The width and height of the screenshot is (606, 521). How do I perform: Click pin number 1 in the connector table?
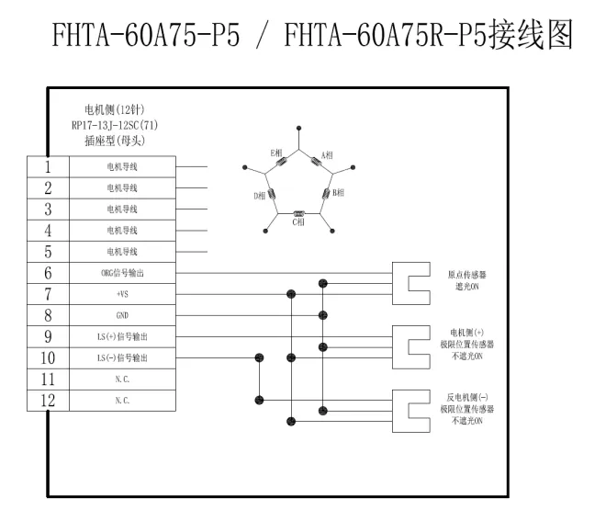(48, 167)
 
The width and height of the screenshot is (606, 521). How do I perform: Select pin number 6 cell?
(48, 273)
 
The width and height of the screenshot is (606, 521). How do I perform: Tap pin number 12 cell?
(48, 400)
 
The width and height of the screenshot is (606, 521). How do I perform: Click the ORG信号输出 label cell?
(122, 273)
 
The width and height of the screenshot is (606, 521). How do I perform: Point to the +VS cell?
(122, 294)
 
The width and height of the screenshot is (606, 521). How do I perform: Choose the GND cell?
(122, 315)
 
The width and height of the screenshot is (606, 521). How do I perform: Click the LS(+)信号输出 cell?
(122, 336)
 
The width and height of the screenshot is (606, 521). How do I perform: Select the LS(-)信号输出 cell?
(122, 357)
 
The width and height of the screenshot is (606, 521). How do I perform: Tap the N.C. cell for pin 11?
(122, 379)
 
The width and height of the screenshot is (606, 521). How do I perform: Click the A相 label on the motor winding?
(329, 153)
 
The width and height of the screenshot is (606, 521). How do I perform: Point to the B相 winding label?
(338, 193)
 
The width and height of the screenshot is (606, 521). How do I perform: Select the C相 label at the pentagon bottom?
(298, 222)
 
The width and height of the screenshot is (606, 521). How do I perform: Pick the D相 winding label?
(260, 196)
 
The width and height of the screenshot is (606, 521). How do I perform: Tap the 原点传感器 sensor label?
(462, 275)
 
